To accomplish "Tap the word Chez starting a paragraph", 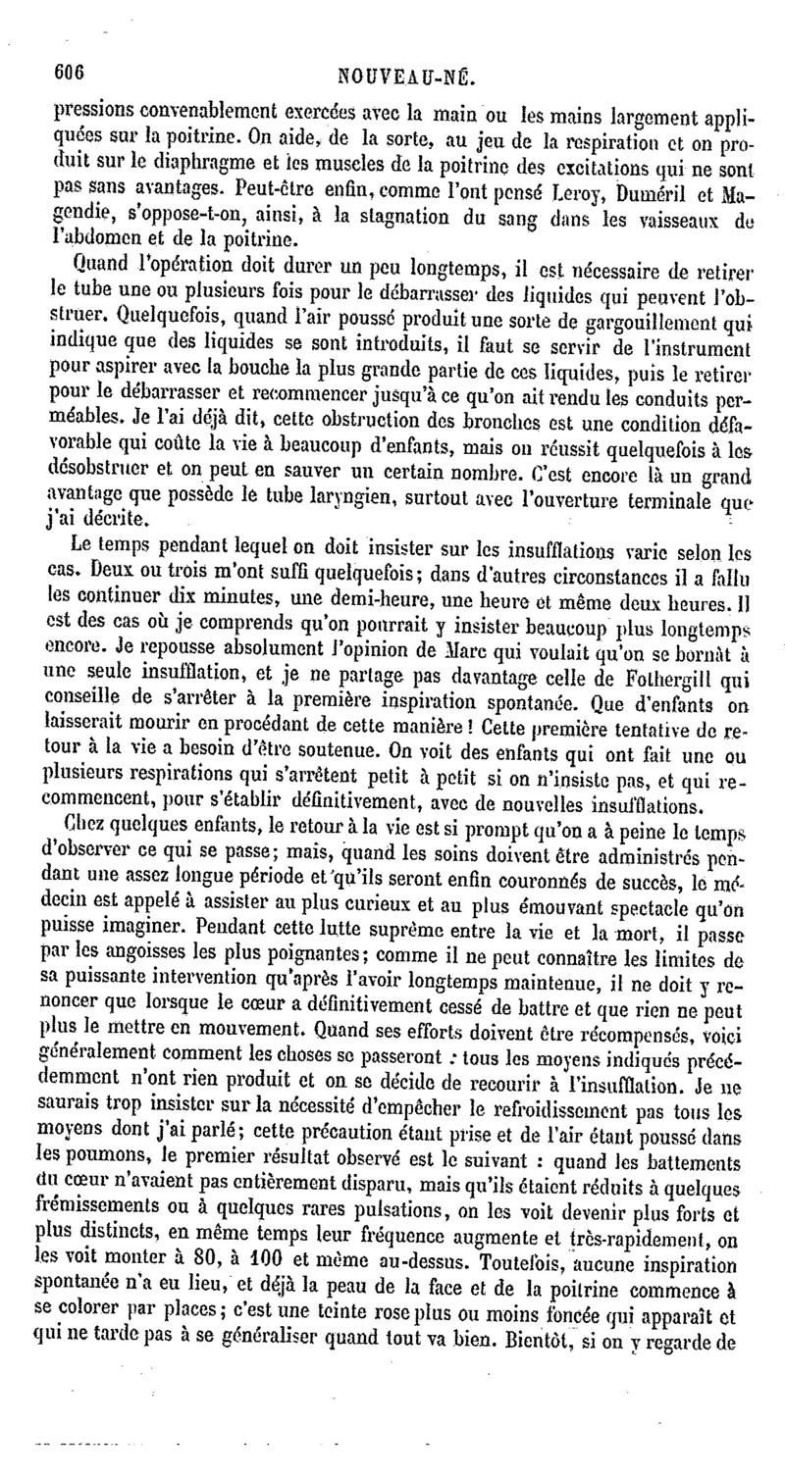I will coord(84,806).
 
